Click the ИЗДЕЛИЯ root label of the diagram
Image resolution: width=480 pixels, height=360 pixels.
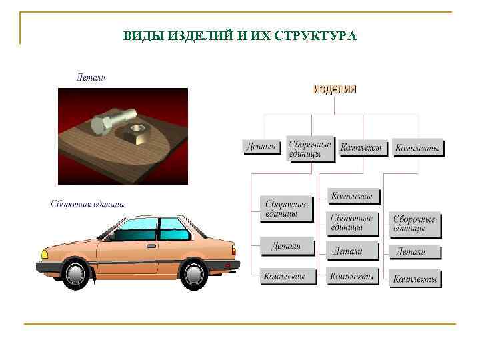pyautogui.click(x=335, y=89)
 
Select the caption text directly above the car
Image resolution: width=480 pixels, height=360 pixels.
pyautogui.click(x=87, y=203)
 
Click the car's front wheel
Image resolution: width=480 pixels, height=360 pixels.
pyautogui.click(x=76, y=273)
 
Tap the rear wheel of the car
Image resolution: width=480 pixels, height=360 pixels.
pyautogui.click(x=195, y=273)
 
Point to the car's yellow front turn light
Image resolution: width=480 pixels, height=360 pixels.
pyautogui.click(x=45, y=254)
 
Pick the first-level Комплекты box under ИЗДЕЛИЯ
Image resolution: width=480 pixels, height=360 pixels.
pyautogui.click(x=417, y=148)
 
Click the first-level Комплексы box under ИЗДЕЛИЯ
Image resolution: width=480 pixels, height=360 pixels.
pyautogui.click(x=363, y=147)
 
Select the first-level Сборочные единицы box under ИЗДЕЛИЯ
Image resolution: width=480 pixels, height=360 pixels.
pyautogui.click(x=309, y=148)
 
